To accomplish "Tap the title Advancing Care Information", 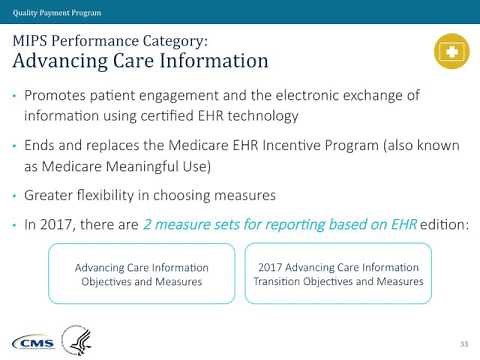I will [139, 61].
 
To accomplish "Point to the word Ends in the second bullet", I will [46, 144].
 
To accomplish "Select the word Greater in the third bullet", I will [59, 193].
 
